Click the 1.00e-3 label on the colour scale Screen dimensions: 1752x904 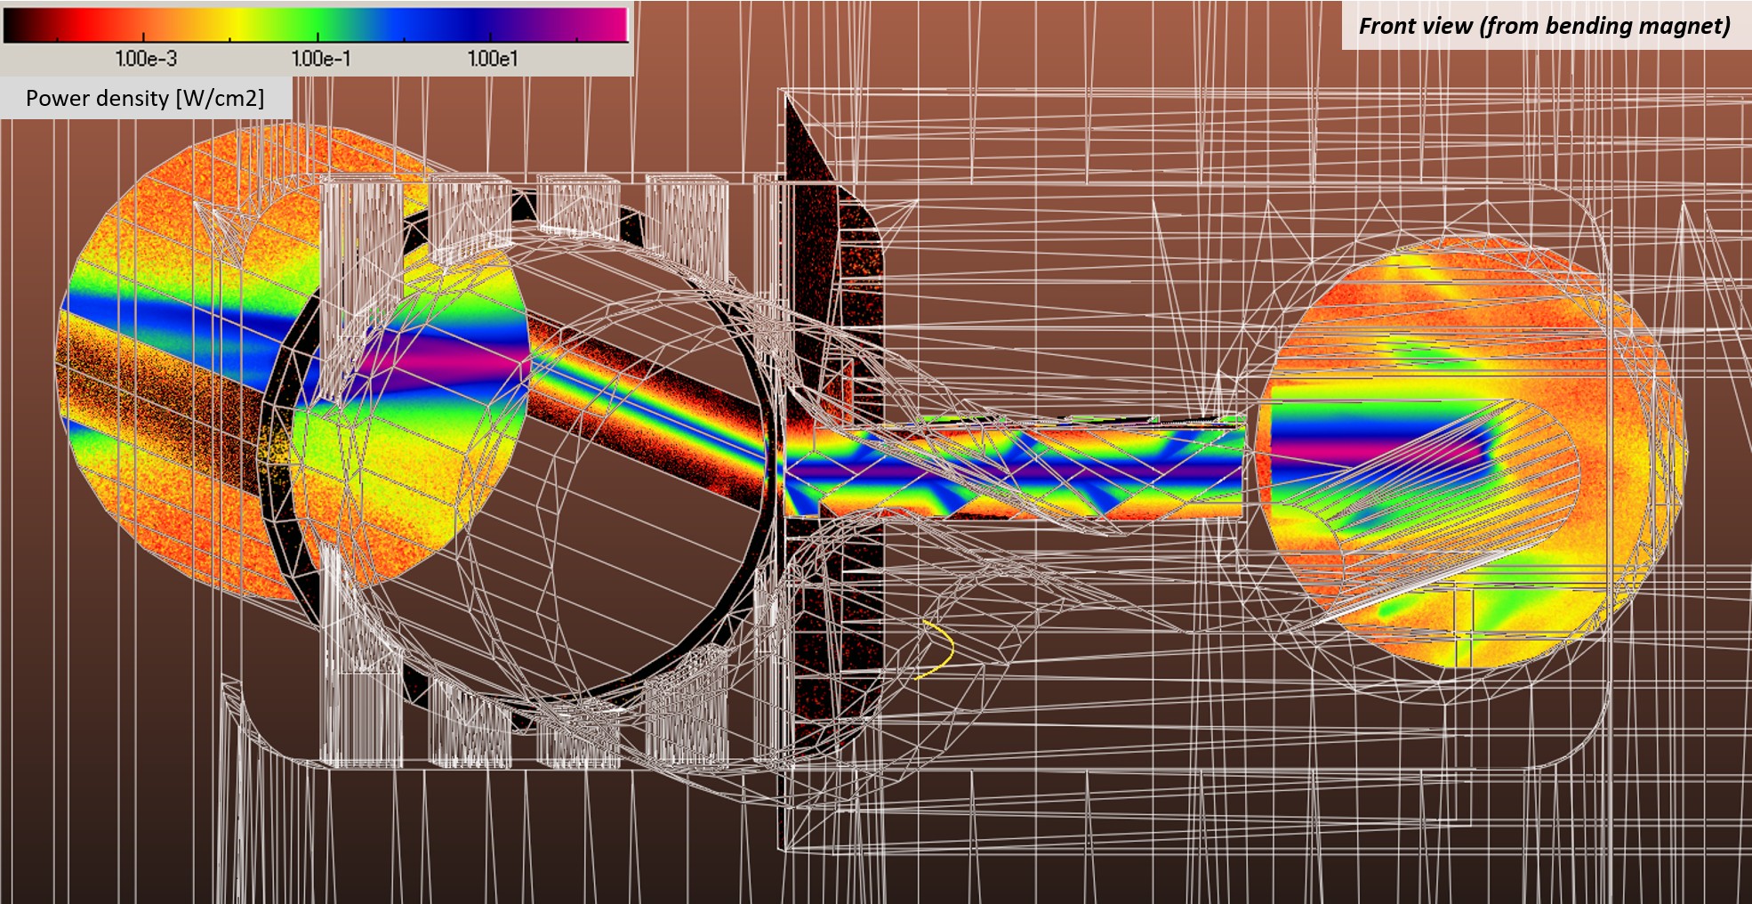pyautogui.click(x=146, y=59)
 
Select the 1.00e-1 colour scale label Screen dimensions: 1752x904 pyautogui.click(x=321, y=59)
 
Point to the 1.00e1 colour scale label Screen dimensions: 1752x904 pyautogui.click(x=493, y=59)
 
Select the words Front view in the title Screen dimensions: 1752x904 pyautogui.click(x=1416, y=26)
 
